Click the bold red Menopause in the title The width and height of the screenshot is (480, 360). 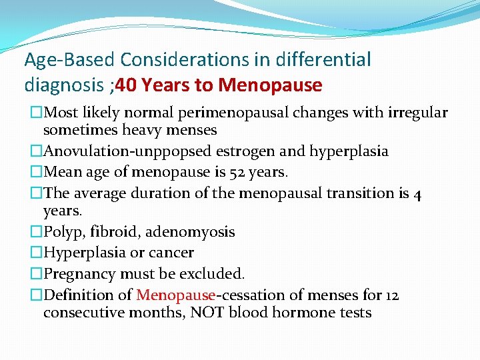[x=270, y=86]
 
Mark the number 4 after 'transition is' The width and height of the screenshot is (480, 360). [x=417, y=193]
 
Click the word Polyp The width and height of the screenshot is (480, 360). [x=61, y=232]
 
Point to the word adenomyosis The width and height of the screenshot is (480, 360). [x=190, y=232]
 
